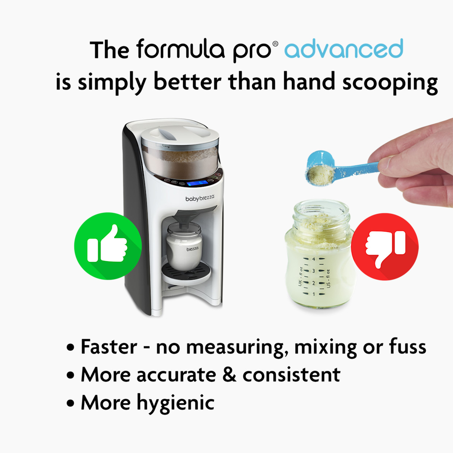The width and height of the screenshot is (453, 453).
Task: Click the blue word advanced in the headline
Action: [x=344, y=49]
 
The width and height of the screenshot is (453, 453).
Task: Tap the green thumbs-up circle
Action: [x=108, y=246]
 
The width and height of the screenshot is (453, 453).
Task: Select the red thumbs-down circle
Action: [x=385, y=247]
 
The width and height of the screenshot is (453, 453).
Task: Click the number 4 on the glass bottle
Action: [x=313, y=259]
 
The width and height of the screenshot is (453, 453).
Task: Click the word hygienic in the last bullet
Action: [x=176, y=403]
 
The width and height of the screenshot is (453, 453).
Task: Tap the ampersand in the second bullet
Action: [x=229, y=374]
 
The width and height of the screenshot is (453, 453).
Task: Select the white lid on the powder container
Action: [x=180, y=135]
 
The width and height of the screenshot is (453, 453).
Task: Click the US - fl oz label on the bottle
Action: [x=328, y=279]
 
